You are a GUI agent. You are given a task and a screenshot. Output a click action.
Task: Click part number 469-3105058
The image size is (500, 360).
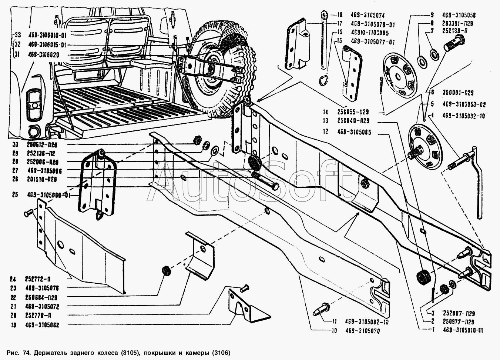click(458, 16)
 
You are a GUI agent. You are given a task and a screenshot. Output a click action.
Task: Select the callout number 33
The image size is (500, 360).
click(17, 35)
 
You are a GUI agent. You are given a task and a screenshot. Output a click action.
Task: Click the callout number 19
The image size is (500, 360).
click(14, 325)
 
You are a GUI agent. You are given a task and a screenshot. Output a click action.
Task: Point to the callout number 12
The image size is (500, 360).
click(325, 131)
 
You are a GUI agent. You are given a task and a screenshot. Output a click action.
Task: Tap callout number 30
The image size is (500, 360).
click(15, 144)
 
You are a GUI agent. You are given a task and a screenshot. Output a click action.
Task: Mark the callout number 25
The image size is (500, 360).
click(15, 194)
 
